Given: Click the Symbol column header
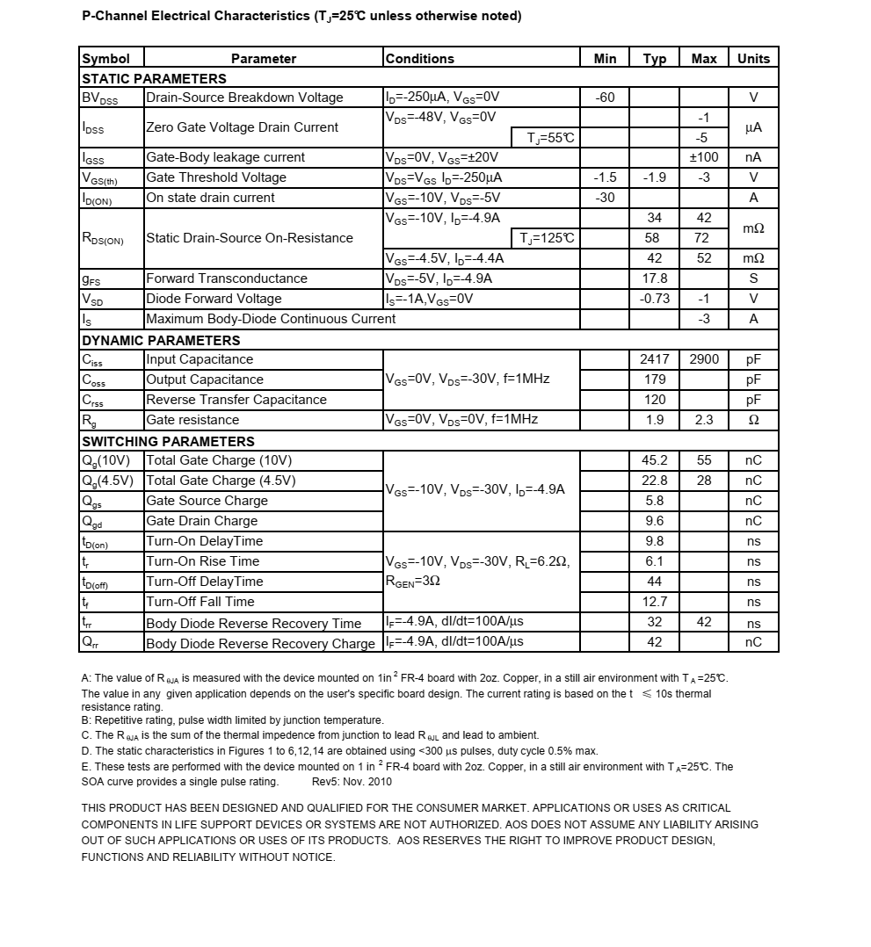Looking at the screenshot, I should tap(105, 59).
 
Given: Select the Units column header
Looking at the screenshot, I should tap(753, 59).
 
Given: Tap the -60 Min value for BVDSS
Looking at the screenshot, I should tap(605, 98).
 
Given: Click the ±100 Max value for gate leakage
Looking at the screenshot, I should tap(703, 157).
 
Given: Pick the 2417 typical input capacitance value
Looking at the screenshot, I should tap(655, 359).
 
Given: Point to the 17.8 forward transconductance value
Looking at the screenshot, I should tap(655, 278).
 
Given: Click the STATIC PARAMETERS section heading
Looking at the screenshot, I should tap(154, 78).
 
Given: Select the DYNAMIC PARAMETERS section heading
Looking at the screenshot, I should tap(161, 340).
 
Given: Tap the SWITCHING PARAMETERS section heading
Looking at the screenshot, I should tap(168, 441).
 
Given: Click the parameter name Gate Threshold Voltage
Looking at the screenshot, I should tap(216, 177).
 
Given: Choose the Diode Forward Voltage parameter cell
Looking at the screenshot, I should tap(214, 299).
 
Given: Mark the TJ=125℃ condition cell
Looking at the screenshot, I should tap(546, 238).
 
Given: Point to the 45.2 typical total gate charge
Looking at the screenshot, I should tap(655, 460).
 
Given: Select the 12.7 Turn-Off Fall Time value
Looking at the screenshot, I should tap(655, 602).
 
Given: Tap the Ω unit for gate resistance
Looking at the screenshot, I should tap(753, 420).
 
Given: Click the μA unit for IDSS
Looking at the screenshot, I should tap(753, 127).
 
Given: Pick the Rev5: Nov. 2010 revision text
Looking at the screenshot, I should tap(352, 781).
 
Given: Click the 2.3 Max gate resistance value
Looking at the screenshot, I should tap(703, 420).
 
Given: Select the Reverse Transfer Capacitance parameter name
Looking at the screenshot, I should tap(236, 400).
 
